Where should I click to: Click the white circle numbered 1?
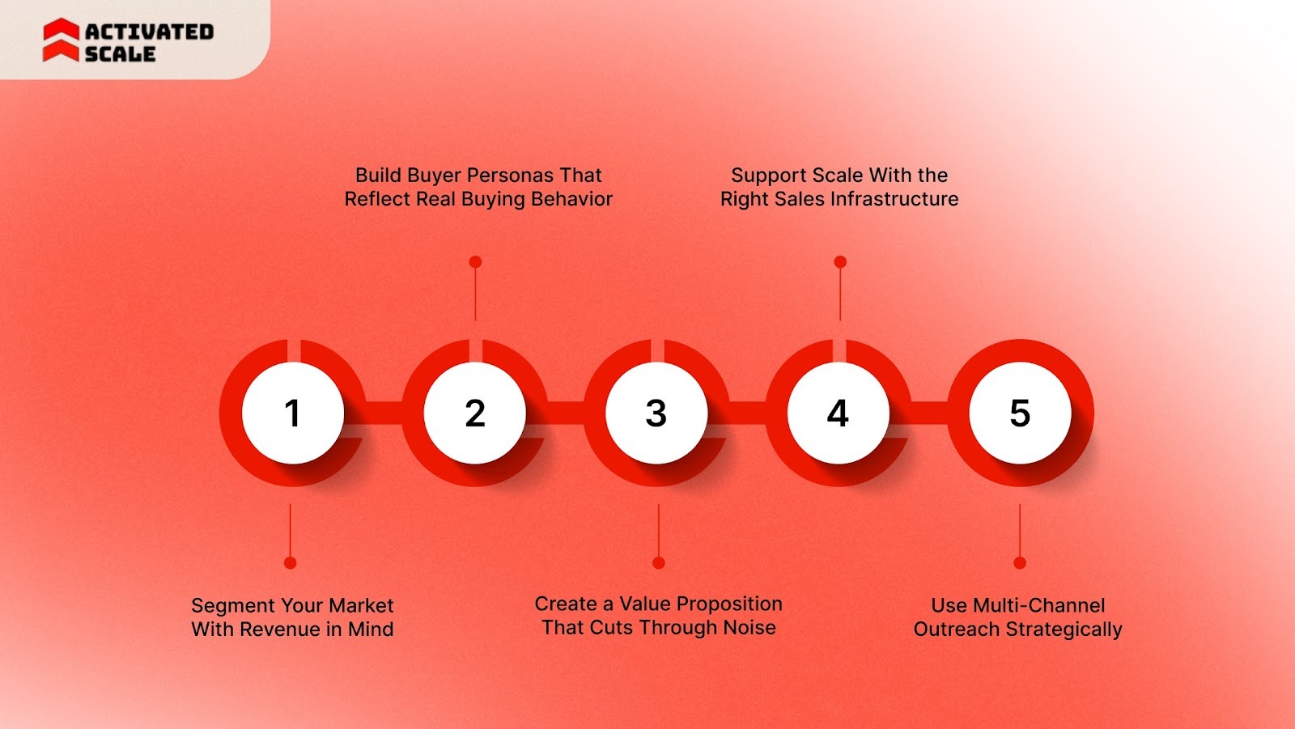coord(293,413)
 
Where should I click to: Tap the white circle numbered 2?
coord(475,413)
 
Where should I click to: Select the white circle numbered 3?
coord(656,413)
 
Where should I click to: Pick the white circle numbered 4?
coord(839,413)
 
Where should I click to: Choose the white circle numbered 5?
coord(1020,413)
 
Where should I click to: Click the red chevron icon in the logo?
coord(61,40)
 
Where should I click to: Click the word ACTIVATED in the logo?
coord(149,32)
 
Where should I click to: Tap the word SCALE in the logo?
coord(120,54)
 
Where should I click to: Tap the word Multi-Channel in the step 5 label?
coord(1038,606)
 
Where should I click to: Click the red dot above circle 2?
coord(475,262)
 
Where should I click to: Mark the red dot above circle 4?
coord(840,262)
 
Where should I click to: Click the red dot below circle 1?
coord(291,562)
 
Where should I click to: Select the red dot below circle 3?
coord(659,562)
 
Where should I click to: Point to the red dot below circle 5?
coord(1020,562)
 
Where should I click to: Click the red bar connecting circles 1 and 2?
coord(384,413)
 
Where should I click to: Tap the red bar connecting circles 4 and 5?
coord(929,413)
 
